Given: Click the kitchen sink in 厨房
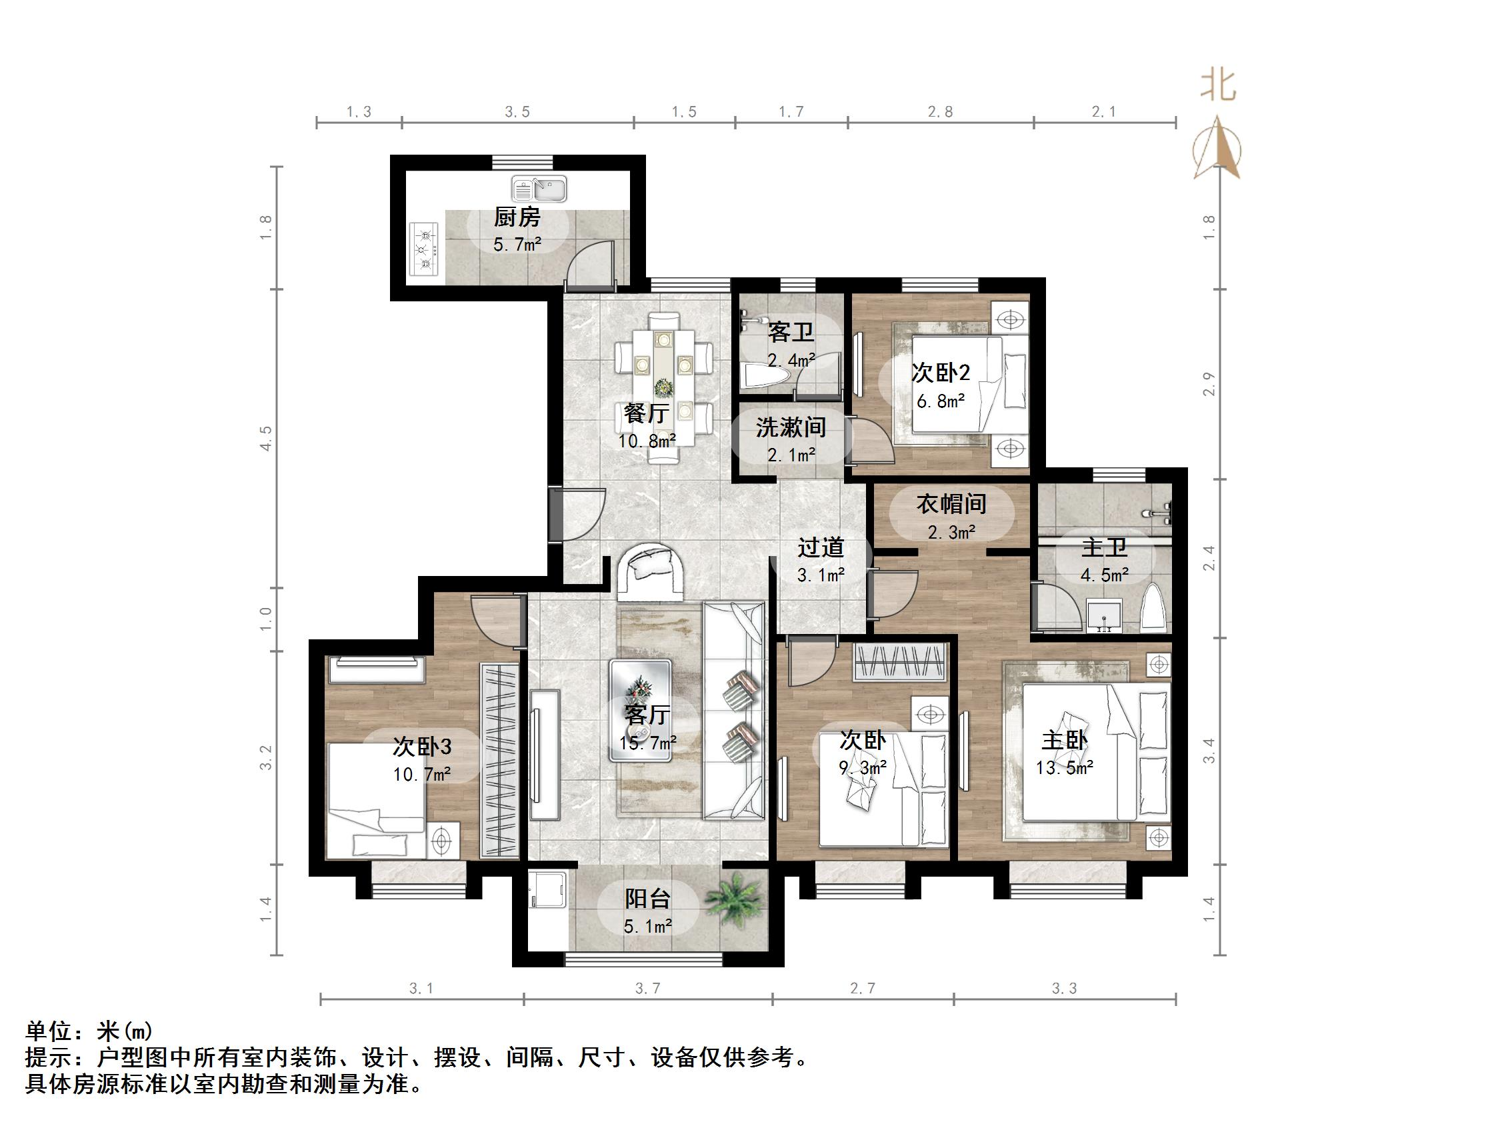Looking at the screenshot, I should (539, 189).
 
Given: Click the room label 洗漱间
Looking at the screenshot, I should (790, 427).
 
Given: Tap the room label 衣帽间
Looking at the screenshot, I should (951, 504).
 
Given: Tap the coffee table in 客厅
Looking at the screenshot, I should (641, 711).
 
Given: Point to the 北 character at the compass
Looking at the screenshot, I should (1219, 87).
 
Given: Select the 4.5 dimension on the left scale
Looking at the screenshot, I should (267, 438).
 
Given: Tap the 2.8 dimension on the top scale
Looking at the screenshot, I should (940, 112).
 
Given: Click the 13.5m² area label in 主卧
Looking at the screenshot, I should (1064, 767).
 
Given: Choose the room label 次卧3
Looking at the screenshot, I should (422, 747).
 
